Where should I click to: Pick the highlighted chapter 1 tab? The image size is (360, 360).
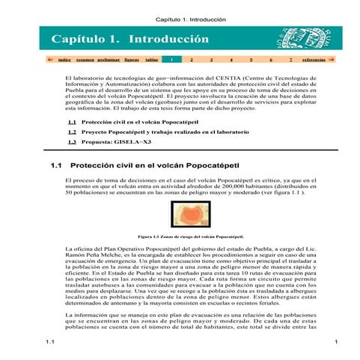(171, 58)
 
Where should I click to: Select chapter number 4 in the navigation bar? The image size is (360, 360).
(231, 58)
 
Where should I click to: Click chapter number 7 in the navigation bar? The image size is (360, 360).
(290, 58)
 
